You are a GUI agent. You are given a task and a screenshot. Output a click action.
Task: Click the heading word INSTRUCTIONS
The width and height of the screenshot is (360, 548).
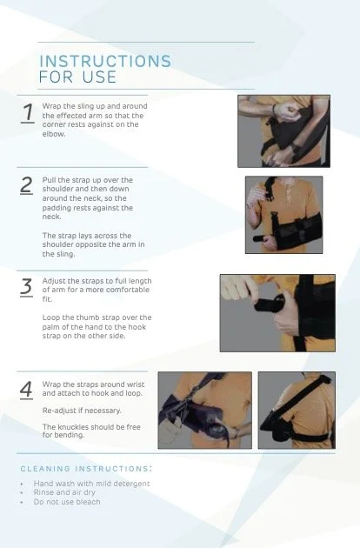(105, 62)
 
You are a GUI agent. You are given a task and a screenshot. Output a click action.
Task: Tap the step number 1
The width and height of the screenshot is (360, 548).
(28, 113)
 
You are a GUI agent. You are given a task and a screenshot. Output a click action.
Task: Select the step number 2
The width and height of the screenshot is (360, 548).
(27, 184)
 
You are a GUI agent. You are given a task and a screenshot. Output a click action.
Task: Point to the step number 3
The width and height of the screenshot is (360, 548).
(27, 287)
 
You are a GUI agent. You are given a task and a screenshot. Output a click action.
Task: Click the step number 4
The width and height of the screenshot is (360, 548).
(27, 388)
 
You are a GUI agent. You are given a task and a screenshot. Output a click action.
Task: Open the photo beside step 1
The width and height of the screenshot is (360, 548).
(283, 131)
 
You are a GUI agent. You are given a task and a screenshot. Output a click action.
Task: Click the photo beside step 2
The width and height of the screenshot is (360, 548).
(283, 215)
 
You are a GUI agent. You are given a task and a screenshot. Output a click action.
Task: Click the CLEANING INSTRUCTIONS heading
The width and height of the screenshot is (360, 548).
(86, 469)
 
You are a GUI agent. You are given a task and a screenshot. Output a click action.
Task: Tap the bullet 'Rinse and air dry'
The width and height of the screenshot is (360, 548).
(63, 492)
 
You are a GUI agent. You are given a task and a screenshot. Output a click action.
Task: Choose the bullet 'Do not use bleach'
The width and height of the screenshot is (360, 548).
(67, 502)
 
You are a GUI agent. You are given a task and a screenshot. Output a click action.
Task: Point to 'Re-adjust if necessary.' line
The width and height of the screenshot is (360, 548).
(83, 409)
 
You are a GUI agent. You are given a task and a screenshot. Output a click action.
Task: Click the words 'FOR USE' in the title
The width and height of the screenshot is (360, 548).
(77, 78)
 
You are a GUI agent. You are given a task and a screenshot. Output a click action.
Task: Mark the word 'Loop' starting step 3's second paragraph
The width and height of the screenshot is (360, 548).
(51, 317)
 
